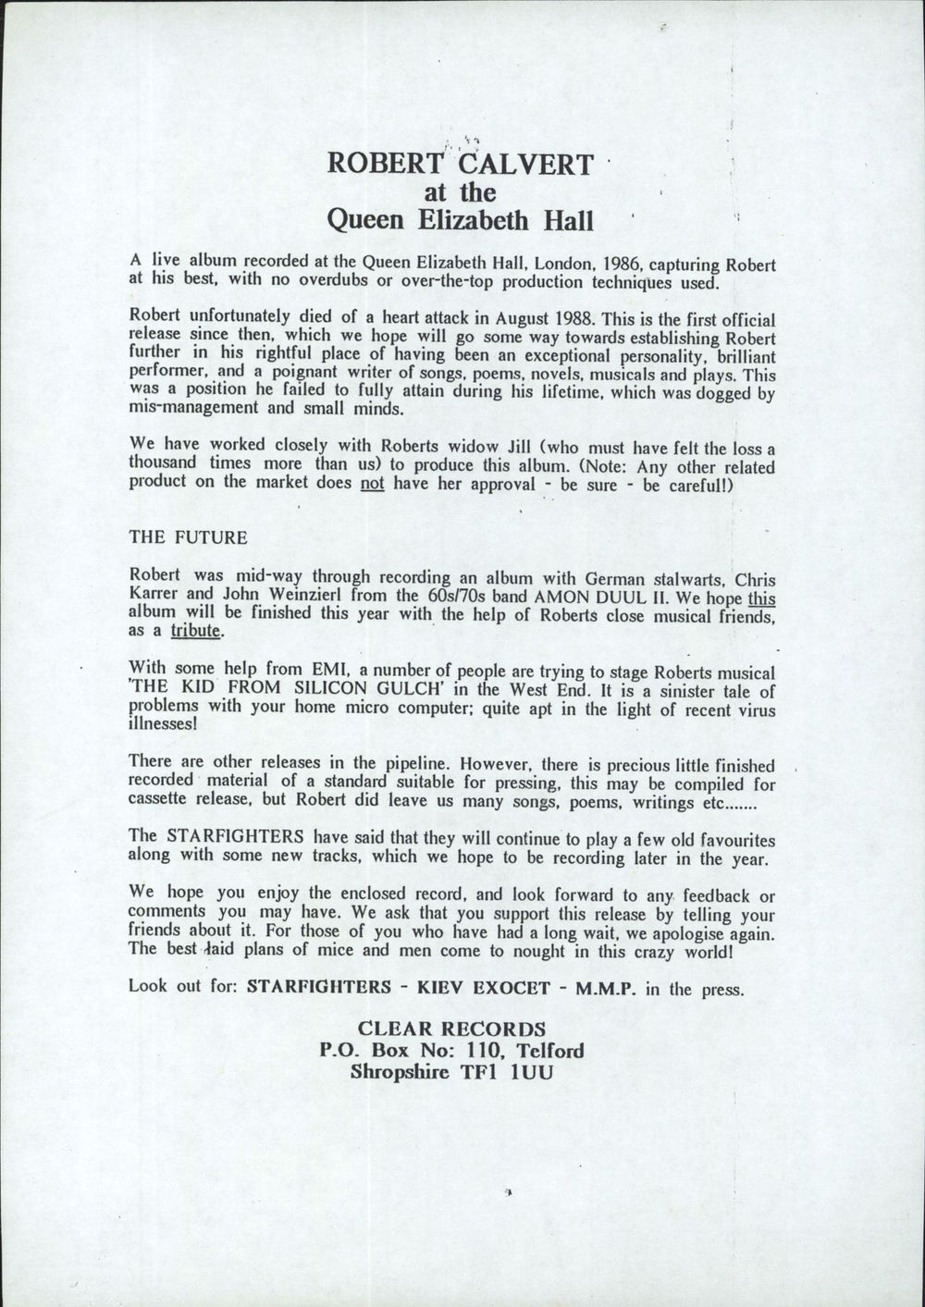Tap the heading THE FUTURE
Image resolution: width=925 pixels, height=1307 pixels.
point(188,537)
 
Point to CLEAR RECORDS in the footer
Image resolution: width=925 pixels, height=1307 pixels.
point(451,1029)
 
